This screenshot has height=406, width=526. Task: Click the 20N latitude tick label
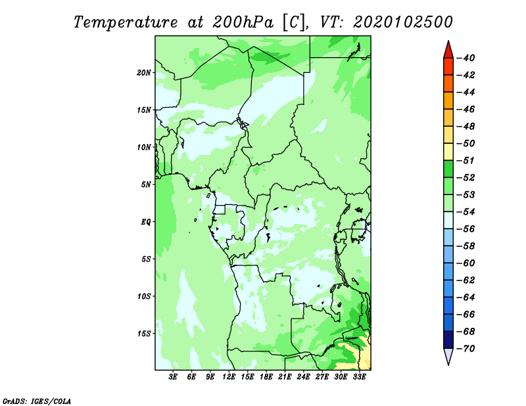144,73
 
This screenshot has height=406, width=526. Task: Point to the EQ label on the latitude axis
146,222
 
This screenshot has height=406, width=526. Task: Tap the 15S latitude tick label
144,334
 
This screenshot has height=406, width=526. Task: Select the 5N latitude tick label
146,185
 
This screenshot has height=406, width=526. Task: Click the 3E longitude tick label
173,377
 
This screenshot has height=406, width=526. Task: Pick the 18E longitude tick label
266,377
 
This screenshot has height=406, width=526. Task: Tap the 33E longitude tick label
359,377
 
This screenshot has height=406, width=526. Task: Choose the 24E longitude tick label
303,377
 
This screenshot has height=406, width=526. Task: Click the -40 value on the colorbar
466,58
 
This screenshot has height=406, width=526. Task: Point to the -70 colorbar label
466,349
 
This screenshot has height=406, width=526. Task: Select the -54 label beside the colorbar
466,212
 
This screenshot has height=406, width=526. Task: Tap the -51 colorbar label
466,160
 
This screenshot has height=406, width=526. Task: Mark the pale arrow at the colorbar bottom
448,355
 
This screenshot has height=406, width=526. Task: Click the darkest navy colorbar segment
448,340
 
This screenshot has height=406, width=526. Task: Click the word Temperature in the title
126,23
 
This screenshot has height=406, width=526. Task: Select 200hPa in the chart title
243,22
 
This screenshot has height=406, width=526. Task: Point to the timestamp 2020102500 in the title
403,22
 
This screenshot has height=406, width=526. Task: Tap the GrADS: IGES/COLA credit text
37,401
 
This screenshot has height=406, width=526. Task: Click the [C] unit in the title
293,23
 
